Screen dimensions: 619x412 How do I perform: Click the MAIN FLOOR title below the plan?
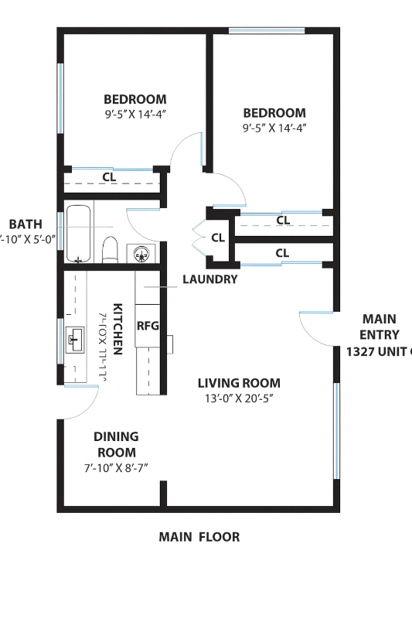(x=199, y=536)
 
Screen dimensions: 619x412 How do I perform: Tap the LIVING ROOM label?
(x=239, y=383)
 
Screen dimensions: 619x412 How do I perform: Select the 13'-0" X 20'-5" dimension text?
(x=239, y=398)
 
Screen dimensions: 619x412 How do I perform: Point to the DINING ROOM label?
(x=116, y=444)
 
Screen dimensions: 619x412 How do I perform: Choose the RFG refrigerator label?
(x=147, y=326)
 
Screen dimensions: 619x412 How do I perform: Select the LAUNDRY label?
(x=209, y=279)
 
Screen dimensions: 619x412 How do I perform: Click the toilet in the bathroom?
(x=110, y=250)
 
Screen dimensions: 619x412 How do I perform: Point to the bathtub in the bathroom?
(x=78, y=233)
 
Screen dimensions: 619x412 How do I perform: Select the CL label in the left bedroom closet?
(x=110, y=177)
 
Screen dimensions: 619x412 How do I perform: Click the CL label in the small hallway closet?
(x=217, y=238)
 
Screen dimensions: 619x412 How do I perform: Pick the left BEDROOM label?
(x=135, y=99)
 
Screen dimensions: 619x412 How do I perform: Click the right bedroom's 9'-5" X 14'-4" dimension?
(x=274, y=128)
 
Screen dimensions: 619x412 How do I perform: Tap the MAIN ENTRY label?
(x=379, y=327)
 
